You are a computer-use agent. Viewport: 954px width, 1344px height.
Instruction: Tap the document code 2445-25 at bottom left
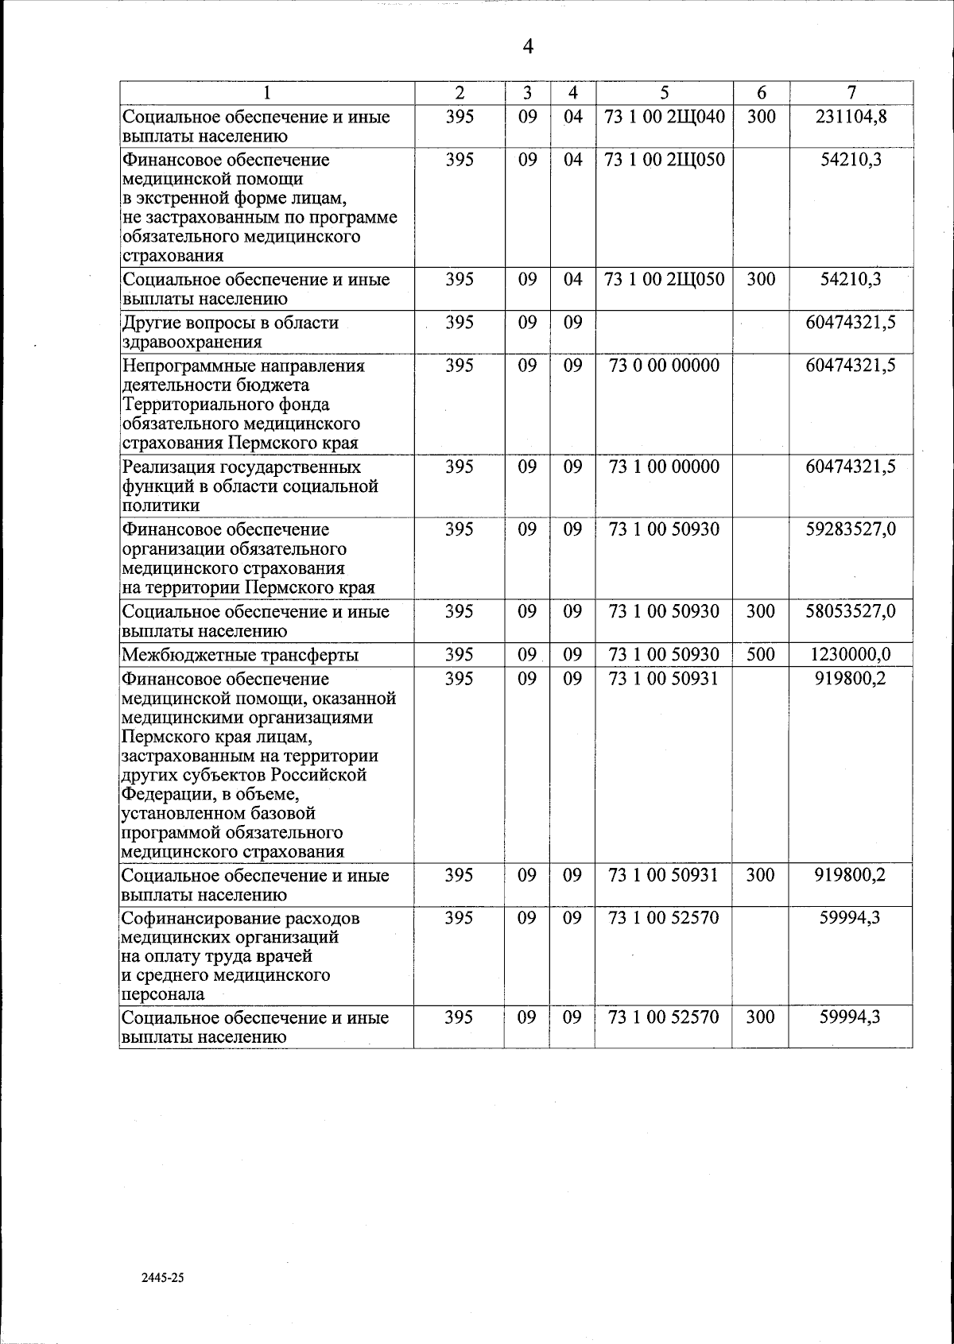pos(162,1278)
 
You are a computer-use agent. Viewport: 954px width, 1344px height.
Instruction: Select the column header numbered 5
pos(664,92)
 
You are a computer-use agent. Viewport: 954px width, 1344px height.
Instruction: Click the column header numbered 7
pos(851,92)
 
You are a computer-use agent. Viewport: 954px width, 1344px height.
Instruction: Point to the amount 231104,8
pos(851,117)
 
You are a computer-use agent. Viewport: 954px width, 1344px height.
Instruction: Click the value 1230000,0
pos(851,654)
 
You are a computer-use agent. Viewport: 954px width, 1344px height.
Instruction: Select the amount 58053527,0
pos(851,611)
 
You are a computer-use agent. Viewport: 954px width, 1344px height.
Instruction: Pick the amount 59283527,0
pos(851,529)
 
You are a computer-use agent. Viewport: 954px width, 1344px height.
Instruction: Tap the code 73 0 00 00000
pos(664,366)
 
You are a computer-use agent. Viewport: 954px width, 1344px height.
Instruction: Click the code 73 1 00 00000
pos(664,467)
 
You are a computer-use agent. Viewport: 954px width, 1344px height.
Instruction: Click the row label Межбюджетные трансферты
pos(240,656)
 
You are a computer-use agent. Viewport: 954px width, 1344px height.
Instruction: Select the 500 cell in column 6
pos(761,654)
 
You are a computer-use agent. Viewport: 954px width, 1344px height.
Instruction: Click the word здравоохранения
pos(192,343)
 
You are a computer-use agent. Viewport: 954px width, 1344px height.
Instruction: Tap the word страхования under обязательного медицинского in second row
pos(173,256)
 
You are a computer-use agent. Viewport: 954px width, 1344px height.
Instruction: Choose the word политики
pos(160,505)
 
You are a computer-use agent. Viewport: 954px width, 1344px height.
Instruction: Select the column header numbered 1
pos(267,92)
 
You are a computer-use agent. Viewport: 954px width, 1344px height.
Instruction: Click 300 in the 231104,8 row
pos(761,117)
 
